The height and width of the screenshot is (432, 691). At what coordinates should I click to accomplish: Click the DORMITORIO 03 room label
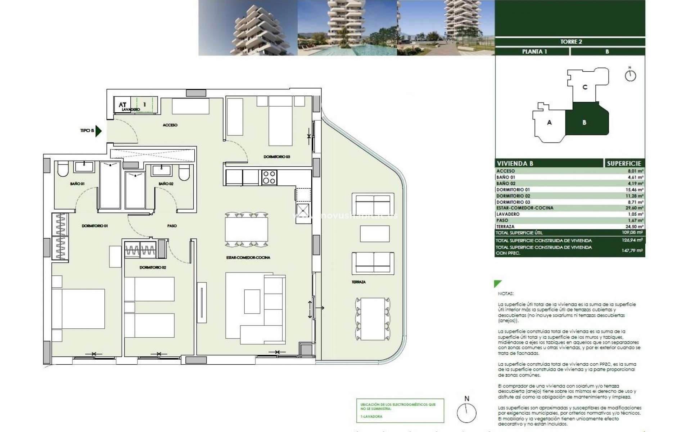point(276,157)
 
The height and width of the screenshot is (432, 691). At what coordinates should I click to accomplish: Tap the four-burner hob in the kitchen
point(269,177)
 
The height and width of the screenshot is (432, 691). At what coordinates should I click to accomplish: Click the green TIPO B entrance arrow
point(98,131)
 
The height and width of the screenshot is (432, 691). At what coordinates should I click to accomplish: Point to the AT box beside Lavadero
point(122,105)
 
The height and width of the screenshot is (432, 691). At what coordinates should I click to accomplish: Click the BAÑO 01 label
point(77,184)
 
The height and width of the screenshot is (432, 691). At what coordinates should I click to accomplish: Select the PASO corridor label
point(172,226)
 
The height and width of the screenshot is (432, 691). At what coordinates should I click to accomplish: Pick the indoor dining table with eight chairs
point(247,229)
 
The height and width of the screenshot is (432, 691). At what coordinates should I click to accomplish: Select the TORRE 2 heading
point(571,42)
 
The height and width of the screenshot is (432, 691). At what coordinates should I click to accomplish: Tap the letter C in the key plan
point(585,87)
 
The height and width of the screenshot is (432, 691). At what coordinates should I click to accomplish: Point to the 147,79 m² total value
point(636,250)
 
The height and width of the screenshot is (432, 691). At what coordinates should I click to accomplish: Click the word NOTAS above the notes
point(506,294)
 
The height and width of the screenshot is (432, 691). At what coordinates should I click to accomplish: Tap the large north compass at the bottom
point(467,412)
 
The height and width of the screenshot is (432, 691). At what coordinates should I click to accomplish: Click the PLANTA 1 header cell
point(534,51)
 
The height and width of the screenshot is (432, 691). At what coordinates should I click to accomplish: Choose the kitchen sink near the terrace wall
point(303,209)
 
